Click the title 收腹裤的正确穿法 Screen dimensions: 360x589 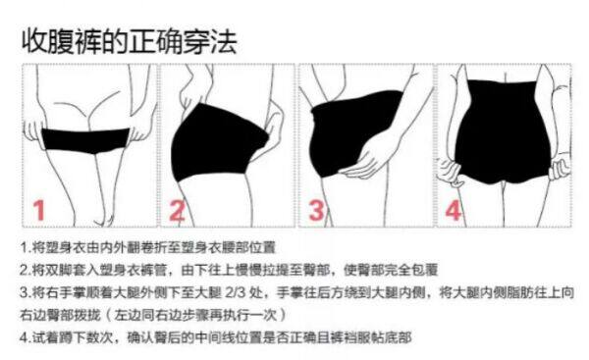click(x=129, y=41)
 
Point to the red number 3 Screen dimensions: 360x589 click(x=317, y=210)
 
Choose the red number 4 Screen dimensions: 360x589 click(x=453, y=210)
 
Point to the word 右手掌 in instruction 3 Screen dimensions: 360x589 click(x=67, y=291)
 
